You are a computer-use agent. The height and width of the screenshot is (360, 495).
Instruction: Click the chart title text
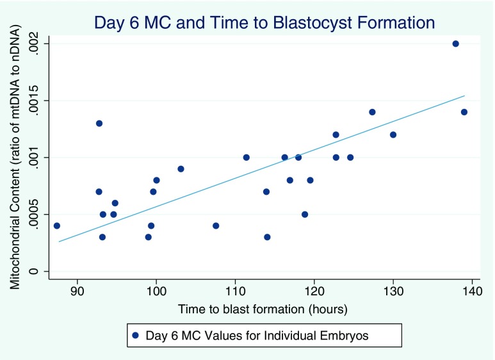pos(264,23)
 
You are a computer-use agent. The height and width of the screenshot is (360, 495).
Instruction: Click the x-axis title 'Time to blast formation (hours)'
pos(264,309)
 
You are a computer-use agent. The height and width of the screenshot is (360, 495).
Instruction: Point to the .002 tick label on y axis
pos(40,44)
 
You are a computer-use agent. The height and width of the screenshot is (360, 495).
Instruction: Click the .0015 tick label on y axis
pos(40,101)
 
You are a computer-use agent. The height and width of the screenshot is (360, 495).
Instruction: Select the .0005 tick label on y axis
pos(40,215)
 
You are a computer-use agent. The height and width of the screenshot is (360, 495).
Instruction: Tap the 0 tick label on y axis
pos(40,272)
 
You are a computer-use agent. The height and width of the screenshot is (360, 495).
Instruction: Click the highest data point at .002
pos(455,44)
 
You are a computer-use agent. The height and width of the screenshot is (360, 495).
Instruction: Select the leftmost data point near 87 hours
pos(56,225)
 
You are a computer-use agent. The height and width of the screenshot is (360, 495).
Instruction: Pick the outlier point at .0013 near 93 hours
pos(99,124)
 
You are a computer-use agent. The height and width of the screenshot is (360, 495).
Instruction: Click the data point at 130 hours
pos(393,135)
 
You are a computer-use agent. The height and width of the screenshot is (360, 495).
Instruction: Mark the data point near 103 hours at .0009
pos(181,169)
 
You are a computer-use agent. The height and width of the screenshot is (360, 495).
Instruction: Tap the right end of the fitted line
pos(464,95)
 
